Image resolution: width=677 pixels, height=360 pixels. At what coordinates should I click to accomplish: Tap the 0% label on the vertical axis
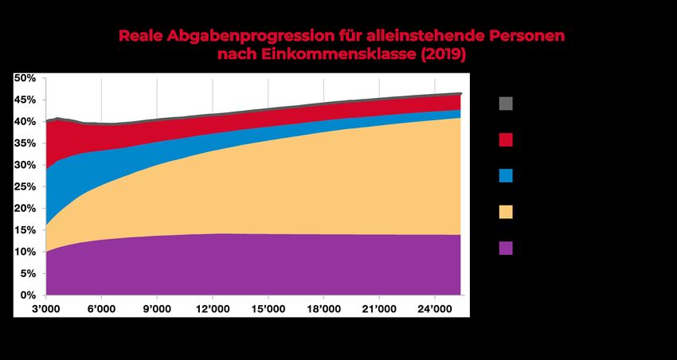click(29, 295)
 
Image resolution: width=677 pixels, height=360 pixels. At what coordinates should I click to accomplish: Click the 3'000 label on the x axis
click(45, 308)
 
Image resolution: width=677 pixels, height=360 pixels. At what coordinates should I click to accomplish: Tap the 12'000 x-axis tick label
click(211, 308)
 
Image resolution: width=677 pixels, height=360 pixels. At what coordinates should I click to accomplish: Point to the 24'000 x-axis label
click(433, 308)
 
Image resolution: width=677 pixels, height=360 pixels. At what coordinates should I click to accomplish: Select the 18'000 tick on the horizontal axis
click(322, 308)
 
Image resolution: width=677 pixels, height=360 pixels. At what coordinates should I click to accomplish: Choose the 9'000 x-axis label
click(156, 308)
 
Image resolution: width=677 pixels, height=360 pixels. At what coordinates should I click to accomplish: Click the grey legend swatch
click(506, 104)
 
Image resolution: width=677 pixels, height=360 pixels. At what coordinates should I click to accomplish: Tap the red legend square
click(506, 140)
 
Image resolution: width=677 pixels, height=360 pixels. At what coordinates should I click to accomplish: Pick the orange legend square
click(506, 212)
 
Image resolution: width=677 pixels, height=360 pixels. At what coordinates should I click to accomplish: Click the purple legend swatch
click(506, 248)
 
